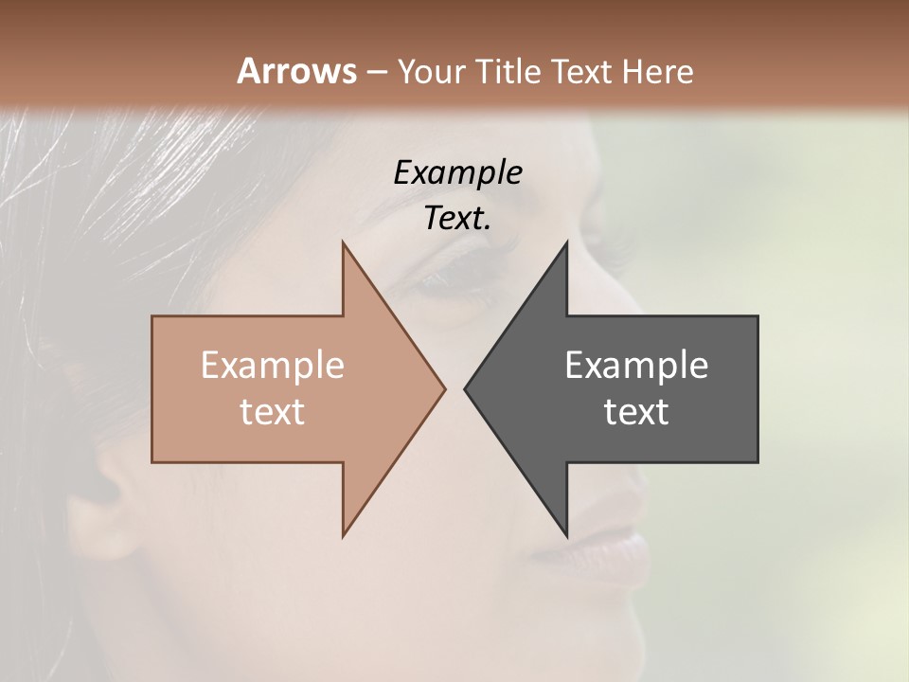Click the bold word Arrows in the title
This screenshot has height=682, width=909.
pyautogui.click(x=296, y=71)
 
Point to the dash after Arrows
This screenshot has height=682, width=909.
pyautogui.click(x=376, y=72)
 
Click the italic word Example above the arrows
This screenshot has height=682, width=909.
pyautogui.click(x=457, y=172)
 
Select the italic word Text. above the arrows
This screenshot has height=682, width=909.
pyautogui.click(x=457, y=219)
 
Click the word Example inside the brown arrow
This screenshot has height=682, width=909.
pyautogui.click(x=272, y=365)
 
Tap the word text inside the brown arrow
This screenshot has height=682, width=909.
pyautogui.click(x=272, y=411)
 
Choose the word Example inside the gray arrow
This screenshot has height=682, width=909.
pyautogui.click(x=636, y=365)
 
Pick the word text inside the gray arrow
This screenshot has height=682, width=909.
pyautogui.click(x=636, y=411)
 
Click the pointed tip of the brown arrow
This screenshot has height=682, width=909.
pyautogui.click(x=442, y=388)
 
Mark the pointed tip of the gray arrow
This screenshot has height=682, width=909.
pyautogui.click(x=467, y=388)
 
